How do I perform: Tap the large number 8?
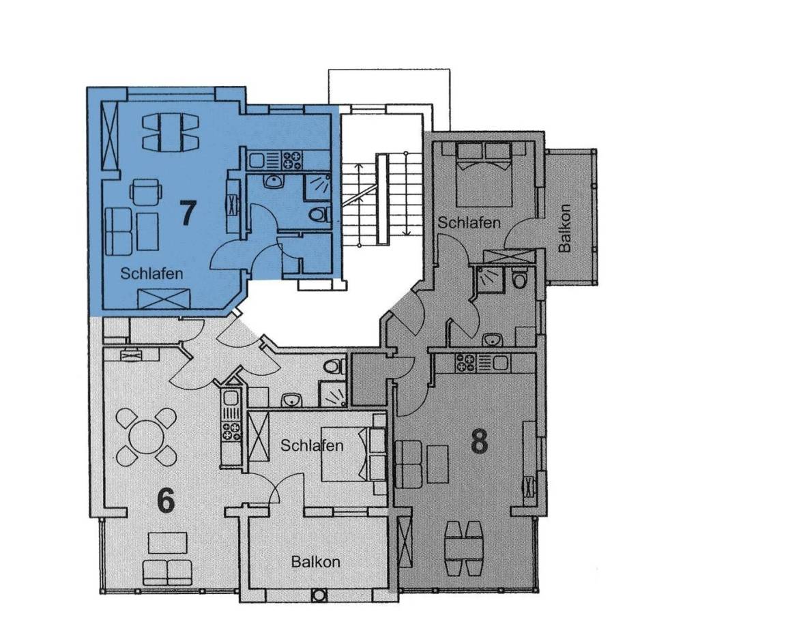click(x=480, y=442)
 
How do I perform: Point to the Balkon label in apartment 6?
click(x=316, y=561)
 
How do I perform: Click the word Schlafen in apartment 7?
click(x=151, y=273)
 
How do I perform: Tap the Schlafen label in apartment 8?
click(x=469, y=222)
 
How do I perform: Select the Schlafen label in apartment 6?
click(x=312, y=445)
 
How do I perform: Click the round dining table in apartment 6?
click(x=146, y=436)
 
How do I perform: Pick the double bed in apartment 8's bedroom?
click(x=484, y=174)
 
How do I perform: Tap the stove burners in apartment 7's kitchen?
click(x=292, y=160)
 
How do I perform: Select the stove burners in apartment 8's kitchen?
click(x=465, y=362)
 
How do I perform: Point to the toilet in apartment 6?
click(x=334, y=367)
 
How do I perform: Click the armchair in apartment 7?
click(x=146, y=192)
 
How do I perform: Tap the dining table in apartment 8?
click(x=464, y=548)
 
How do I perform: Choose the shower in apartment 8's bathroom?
click(x=487, y=278)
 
